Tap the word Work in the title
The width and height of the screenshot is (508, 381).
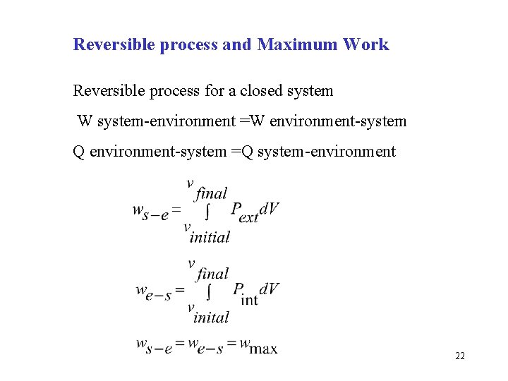[x=365, y=44]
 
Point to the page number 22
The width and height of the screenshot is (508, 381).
[x=460, y=356]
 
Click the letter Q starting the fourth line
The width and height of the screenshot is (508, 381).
[x=80, y=151]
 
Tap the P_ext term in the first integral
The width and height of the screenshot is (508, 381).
[x=244, y=211]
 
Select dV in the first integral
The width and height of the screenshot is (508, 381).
[x=269, y=209]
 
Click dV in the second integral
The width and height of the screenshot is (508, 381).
[x=269, y=289]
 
